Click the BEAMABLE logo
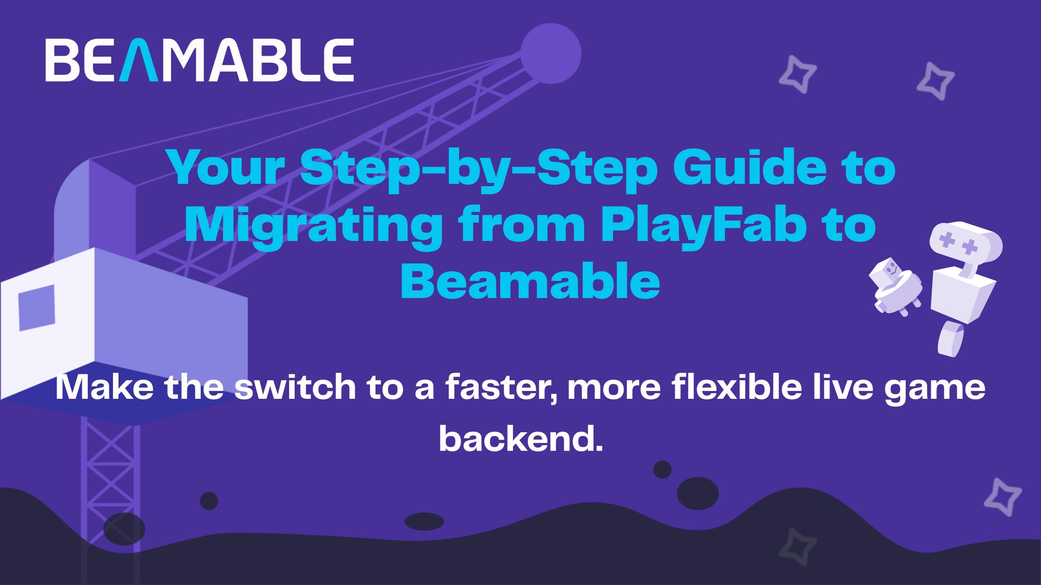(199, 60)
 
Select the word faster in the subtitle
(502, 388)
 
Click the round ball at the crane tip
(551, 53)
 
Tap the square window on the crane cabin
(37, 307)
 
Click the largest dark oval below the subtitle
(698, 494)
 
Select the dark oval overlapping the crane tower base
(124, 529)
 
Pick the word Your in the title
(228, 170)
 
